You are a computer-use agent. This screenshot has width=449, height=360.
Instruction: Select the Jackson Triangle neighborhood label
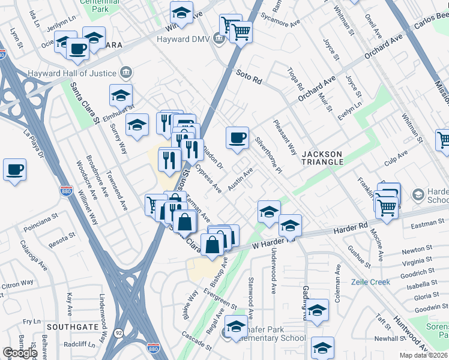coord(322,158)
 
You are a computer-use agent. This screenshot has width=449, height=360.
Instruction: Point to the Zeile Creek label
coord(371,282)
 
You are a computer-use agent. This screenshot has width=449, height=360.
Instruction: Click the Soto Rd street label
coord(250,79)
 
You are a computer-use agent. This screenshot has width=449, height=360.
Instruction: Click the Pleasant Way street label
coord(285,137)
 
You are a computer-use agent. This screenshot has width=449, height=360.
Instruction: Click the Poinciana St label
coord(40,229)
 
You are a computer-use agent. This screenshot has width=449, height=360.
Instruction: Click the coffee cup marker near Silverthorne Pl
coord(237,137)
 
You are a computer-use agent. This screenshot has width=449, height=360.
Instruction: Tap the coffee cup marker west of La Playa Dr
coord(14,169)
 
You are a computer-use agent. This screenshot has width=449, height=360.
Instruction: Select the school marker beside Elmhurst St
coord(121,95)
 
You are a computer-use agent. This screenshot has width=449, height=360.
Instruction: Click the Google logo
coord(19,353)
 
